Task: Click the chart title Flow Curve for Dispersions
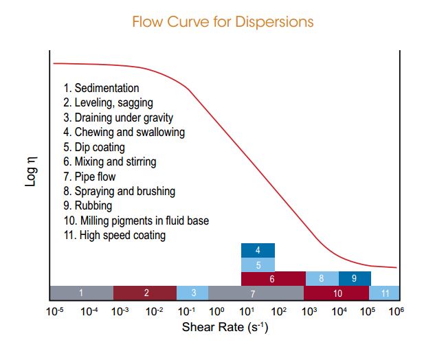pos(223,22)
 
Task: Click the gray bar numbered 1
pos(81,293)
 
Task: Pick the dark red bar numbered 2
pos(145,293)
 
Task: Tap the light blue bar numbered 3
pos(193,293)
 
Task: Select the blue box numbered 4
pos(258,250)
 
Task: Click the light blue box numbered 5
pos(258,265)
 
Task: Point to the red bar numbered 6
pos(272,279)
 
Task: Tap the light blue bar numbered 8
pos(321,279)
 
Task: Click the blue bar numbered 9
pos(354,279)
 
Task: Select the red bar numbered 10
pos(337,293)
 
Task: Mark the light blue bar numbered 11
pos(384,293)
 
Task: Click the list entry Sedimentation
pos(101,89)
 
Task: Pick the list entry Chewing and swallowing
pos(124,133)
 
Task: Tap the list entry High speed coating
pos(114,235)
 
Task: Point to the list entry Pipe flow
pos(89,177)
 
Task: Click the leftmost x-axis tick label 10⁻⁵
pos(54,311)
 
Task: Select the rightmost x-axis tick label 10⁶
pos(397,311)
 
